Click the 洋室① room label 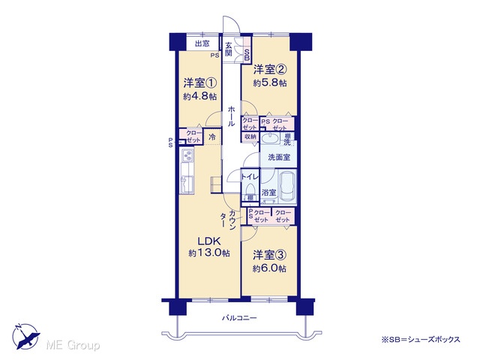[200, 83]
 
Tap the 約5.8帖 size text [270, 83]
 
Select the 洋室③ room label [269, 255]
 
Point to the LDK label [209, 241]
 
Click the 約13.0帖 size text [209, 253]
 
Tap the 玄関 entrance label [229, 49]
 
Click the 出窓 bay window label [202, 43]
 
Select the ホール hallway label [232, 115]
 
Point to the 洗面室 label [278, 157]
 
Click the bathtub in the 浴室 [288, 187]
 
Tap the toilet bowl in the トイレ [250, 188]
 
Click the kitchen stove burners [187, 155]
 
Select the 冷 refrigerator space [211, 137]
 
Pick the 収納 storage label [250, 136]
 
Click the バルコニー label [239, 318]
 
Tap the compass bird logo [26, 337]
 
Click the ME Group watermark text [73, 346]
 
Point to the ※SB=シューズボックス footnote [420, 339]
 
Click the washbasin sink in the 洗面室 [270, 138]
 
